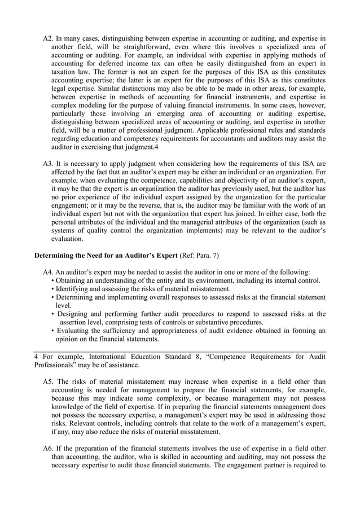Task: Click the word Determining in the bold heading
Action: click(x=54, y=256)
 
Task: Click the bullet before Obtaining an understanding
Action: click(x=52, y=281)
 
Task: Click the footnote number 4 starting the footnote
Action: click(x=36, y=356)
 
